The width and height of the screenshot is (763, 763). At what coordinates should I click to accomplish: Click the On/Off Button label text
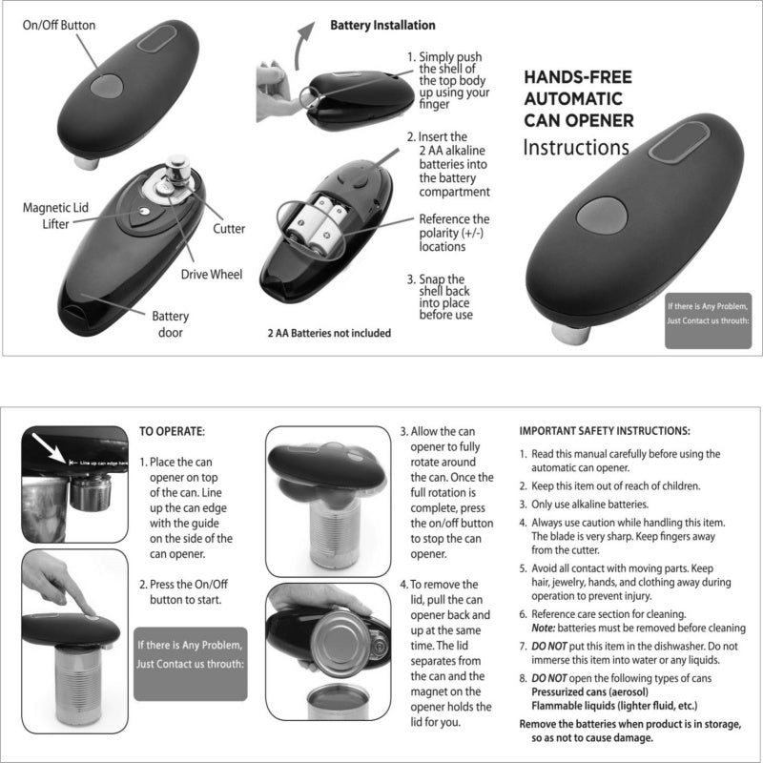click(61, 25)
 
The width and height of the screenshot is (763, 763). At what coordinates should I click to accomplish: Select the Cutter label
click(230, 229)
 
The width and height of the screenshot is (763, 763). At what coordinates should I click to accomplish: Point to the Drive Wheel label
click(212, 275)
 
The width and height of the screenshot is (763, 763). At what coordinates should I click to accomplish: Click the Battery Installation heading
click(382, 25)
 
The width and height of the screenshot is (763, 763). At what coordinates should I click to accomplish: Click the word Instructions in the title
click(575, 148)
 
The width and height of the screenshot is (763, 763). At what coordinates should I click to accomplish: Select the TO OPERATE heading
click(172, 431)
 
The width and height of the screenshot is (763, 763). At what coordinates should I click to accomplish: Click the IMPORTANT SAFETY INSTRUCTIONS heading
click(604, 431)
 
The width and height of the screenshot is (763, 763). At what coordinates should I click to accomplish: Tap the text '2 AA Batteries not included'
click(328, 334)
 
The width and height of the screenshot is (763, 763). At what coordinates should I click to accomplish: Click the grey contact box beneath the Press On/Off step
click(190, 650)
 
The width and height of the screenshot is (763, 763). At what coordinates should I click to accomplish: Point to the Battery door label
click(172, 324)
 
